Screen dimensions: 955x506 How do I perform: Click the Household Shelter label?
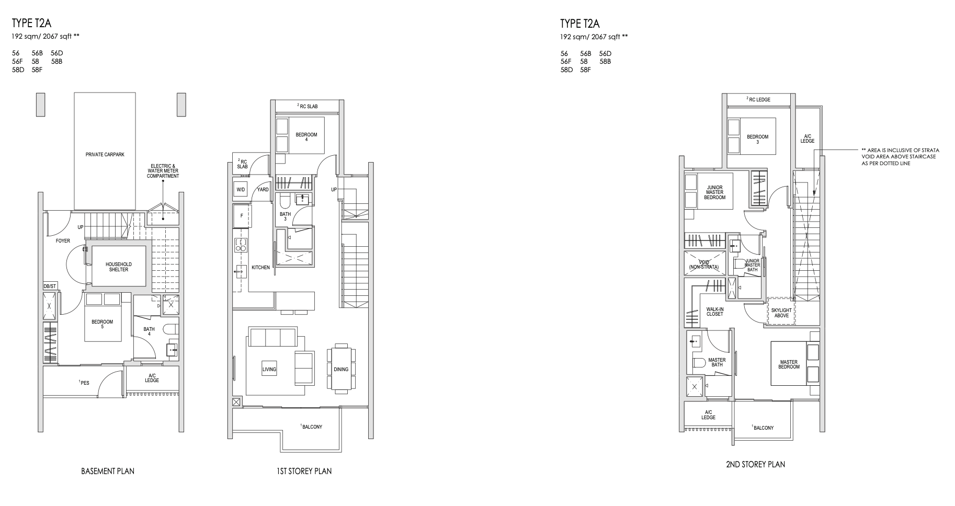118,267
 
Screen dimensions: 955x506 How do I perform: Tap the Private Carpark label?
105,155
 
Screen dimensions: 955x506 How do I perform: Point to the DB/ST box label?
50,286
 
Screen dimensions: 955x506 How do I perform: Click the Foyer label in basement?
63,241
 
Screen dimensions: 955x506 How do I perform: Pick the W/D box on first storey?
241,190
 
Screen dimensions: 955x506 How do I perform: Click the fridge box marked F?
242,215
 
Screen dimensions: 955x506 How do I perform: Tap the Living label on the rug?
269,370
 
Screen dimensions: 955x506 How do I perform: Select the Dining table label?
341,370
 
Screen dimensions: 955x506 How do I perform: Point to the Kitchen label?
260,268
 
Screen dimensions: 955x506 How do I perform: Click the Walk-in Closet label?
714,312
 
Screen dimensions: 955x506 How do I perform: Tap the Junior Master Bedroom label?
715,192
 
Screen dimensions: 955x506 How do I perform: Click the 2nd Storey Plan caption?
755,464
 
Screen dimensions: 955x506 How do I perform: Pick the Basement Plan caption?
108,471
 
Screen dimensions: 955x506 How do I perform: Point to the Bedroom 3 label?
757,140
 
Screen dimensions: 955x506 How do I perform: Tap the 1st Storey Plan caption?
304,471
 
